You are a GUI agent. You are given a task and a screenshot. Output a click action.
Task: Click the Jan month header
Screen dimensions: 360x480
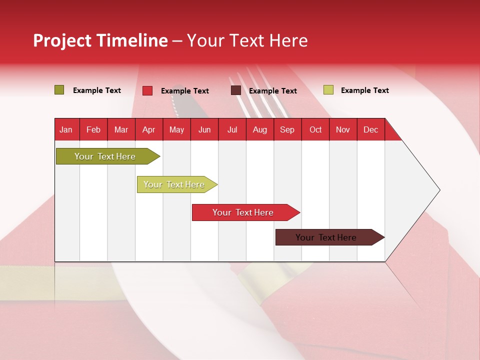click(66, 130)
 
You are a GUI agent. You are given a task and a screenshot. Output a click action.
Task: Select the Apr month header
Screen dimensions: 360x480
click(148, 130)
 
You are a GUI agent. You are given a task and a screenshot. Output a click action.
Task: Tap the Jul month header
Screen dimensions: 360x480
click(232, 130)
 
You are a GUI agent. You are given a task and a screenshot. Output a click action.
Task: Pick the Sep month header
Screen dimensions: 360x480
click(287, 130)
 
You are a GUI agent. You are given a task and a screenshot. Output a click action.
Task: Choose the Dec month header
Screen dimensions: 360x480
click(370, 130)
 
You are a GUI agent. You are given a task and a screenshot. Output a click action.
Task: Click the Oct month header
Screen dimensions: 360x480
click(315, 130)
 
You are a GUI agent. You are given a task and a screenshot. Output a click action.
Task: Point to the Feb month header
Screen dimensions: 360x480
click(93, 130)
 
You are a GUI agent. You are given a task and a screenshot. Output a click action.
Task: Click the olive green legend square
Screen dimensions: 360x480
click(59, 90)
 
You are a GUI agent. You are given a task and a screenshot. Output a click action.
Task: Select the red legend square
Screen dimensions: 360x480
click(147, 90)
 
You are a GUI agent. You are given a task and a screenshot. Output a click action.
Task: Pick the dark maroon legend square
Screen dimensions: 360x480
click(236, 90)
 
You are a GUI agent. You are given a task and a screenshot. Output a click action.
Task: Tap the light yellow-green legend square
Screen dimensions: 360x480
click(328, 90)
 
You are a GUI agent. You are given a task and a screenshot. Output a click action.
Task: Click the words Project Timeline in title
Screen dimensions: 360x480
click(100, 40)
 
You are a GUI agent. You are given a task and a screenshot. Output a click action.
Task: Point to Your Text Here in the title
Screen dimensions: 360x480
click(247, 40)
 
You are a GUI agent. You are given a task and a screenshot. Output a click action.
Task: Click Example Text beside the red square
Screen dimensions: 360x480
click(185, 91)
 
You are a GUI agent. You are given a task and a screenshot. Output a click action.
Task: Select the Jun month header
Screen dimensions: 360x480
click(204, 130)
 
